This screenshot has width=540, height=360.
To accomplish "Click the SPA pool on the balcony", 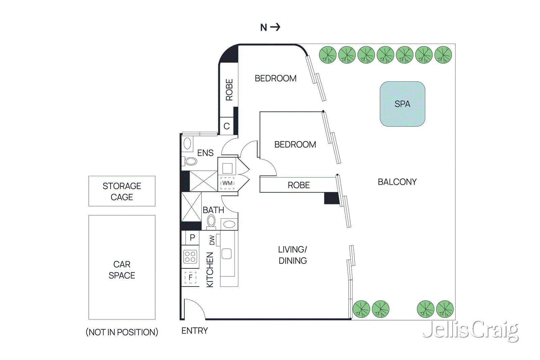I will point(402,104).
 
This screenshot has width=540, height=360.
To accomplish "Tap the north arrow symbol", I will point(275,27).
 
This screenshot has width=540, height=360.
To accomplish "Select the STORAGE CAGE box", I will point(122,191).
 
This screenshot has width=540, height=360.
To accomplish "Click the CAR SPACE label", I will point(122,270).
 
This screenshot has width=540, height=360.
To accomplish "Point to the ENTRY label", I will point(195,331).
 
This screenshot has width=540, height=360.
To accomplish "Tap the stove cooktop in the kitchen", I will point(190,257).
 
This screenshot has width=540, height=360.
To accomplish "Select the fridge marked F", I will point(190,278).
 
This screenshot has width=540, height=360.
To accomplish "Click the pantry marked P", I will point(192,238).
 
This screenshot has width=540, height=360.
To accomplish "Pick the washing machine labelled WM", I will point(227,183).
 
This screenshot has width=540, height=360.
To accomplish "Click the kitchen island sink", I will point(226,253).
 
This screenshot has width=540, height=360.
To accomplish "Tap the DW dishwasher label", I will point(212,240).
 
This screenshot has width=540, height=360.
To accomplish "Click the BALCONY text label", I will point(397,182).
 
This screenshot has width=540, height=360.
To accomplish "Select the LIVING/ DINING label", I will point(293,255).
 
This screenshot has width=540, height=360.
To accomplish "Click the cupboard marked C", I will point(226,126).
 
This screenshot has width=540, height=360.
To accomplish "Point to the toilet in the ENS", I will point(191,161).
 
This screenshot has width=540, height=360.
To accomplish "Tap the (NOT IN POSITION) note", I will point(122,332).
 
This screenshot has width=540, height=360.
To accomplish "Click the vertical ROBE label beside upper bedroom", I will point(229,90).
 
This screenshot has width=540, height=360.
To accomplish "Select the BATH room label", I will point(213,210).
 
